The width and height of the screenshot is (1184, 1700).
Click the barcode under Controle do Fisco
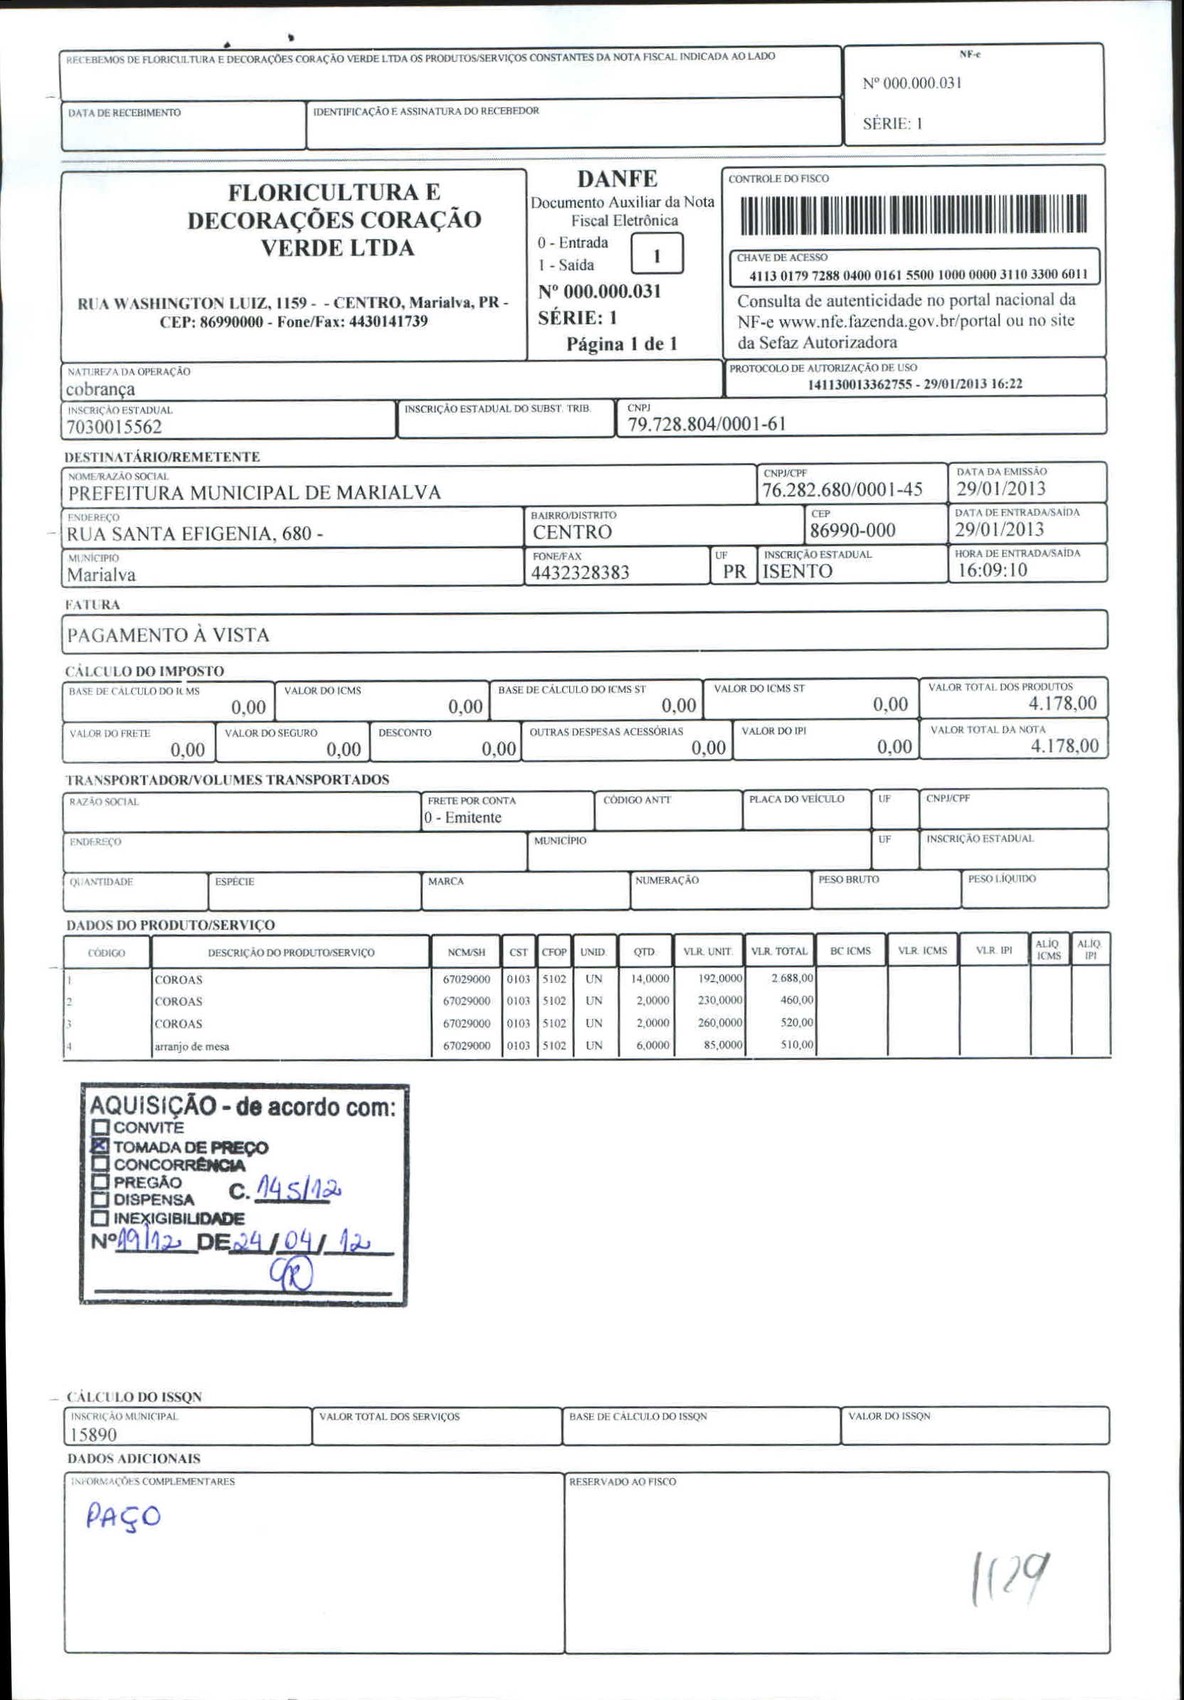913,214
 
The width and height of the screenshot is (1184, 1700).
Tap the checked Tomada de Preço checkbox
100,1146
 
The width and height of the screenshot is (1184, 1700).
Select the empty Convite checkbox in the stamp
100,1127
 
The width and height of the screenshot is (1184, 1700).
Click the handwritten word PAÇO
122,1517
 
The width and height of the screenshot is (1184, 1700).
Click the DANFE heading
617,179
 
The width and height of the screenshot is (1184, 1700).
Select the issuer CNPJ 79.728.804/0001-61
707,423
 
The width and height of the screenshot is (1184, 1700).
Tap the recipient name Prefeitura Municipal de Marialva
254,492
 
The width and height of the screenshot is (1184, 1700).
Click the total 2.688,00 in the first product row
791,978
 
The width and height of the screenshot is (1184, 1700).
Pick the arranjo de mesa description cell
192,1046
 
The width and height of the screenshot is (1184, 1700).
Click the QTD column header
644,952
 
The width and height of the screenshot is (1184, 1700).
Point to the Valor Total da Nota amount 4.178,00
1064,745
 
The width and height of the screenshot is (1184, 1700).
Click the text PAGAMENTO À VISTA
168,634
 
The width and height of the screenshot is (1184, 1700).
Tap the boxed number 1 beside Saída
656,255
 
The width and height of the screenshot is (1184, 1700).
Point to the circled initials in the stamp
291,1274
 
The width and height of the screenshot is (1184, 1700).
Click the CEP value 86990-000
852,530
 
